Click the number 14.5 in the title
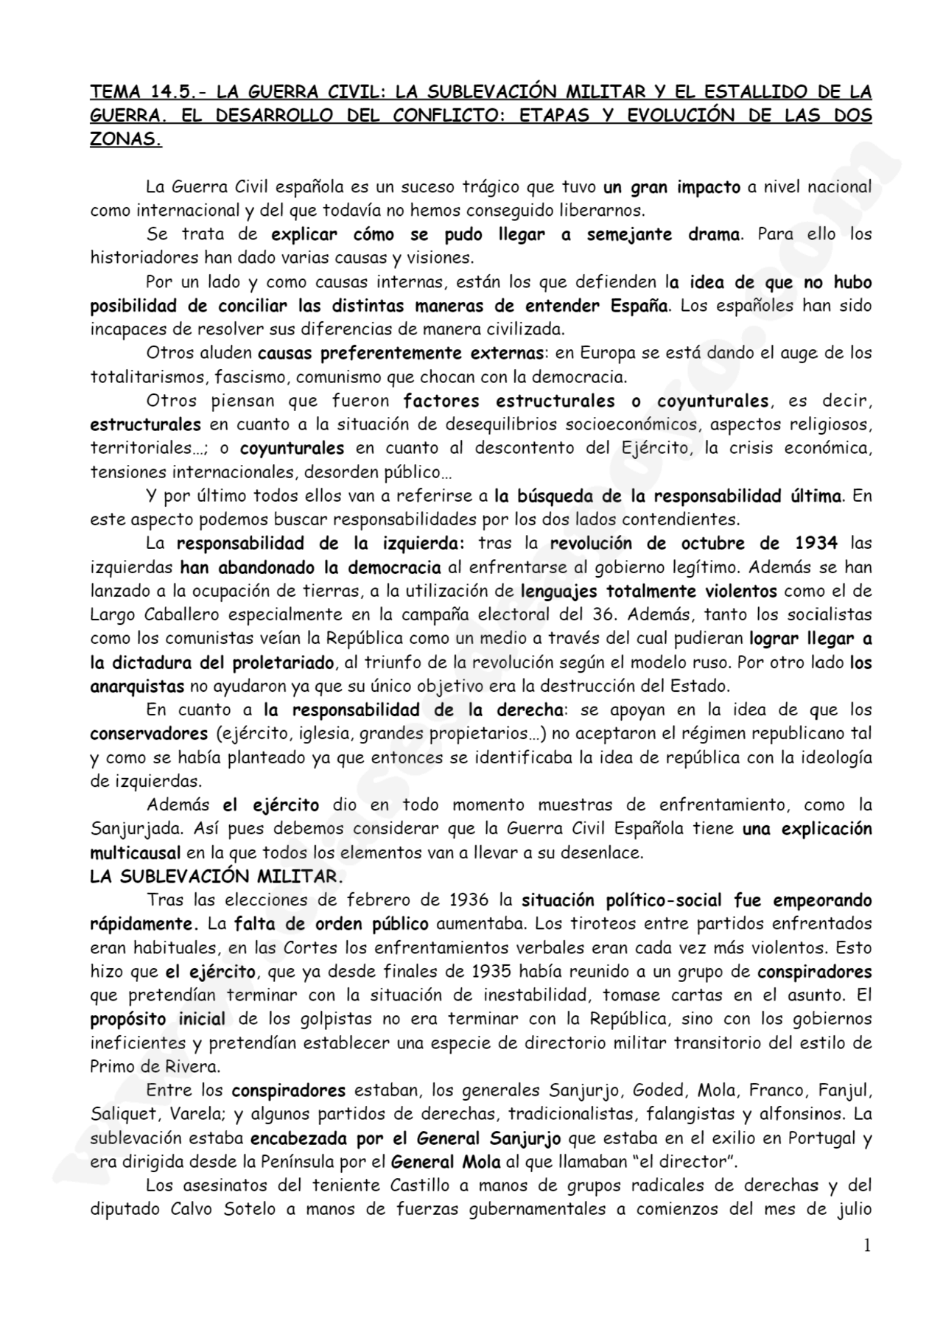(172, 92)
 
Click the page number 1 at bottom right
(867, 1245)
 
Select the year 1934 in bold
(816, 543)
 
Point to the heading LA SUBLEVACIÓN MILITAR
(216, 877)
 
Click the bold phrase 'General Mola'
(446, 1162)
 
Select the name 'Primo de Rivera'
(155, 1067)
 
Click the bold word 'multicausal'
(135, 853)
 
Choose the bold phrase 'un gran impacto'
(671, 187)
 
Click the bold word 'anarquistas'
(137, 686)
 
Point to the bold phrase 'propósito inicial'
(158, 1019)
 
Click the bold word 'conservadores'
(149, 734)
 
